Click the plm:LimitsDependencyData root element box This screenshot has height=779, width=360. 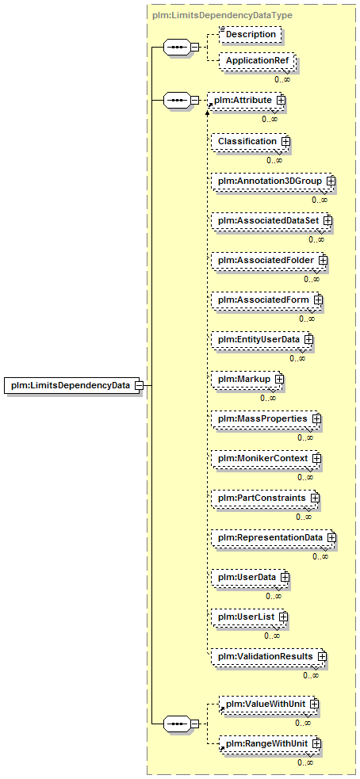[71, 385]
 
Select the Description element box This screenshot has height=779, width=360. [250, 34]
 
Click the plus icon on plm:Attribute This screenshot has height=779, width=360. [281, 100]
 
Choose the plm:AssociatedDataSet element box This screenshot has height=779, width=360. [269, 220]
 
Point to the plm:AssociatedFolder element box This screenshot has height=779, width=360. [267, 259]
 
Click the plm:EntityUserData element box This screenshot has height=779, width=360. [260, 339]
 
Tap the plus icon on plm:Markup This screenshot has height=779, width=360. [279, 379]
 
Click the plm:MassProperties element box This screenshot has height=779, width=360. [264, 418]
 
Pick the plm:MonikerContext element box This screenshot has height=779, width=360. [264, 457]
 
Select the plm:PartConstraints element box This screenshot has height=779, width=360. [263, 498]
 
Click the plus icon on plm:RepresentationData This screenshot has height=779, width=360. [331, 537]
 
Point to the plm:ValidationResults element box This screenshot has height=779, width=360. [266, 656]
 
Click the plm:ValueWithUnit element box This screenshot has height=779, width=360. [267, 704]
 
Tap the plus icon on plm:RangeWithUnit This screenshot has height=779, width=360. [314, 743]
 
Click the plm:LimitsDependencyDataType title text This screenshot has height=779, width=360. [221, 15]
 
